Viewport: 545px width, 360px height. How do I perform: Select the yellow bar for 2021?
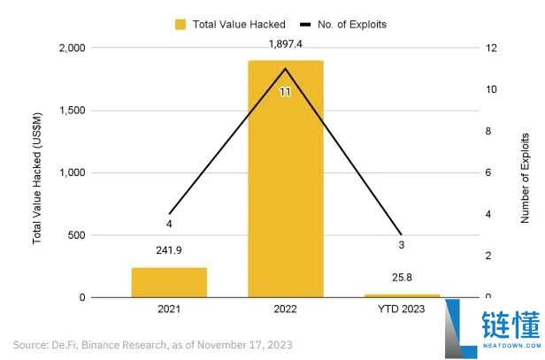pyautogui.click(x=169, y=282)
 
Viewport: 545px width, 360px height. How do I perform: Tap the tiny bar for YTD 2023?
pyautogui.click(x=402, y=295)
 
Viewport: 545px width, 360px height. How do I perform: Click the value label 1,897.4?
pyautogui.click(x=285, y=43)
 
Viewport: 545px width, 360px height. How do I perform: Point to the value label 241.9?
pyautogui.click(x=169, y=250)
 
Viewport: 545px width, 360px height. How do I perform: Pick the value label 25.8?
pyautogui.click(x=402, y=278)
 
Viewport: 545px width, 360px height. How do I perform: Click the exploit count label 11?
pyautogui.click(x=285, y=91)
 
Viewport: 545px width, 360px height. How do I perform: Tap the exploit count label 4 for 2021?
pyautogui.click(x=169, y=224)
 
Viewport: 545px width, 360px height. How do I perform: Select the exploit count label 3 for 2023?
pyautogui.click(x=402, y=244)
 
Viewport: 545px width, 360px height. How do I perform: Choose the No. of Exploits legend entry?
pyautogui.click(x=343, y=24)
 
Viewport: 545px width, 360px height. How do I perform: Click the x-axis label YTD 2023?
pyautogui.click(x=402, y=310)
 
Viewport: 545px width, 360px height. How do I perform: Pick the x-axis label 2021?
pyautogui.click(x=169, y=310)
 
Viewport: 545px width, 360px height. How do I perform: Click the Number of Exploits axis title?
pyautogui.click(x=526, y=172)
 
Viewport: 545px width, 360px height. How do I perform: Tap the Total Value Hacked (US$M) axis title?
pyautogui.click(x=37, y=172)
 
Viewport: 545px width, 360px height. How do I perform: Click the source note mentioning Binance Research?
pyautogui.click(x=152, y=344)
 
